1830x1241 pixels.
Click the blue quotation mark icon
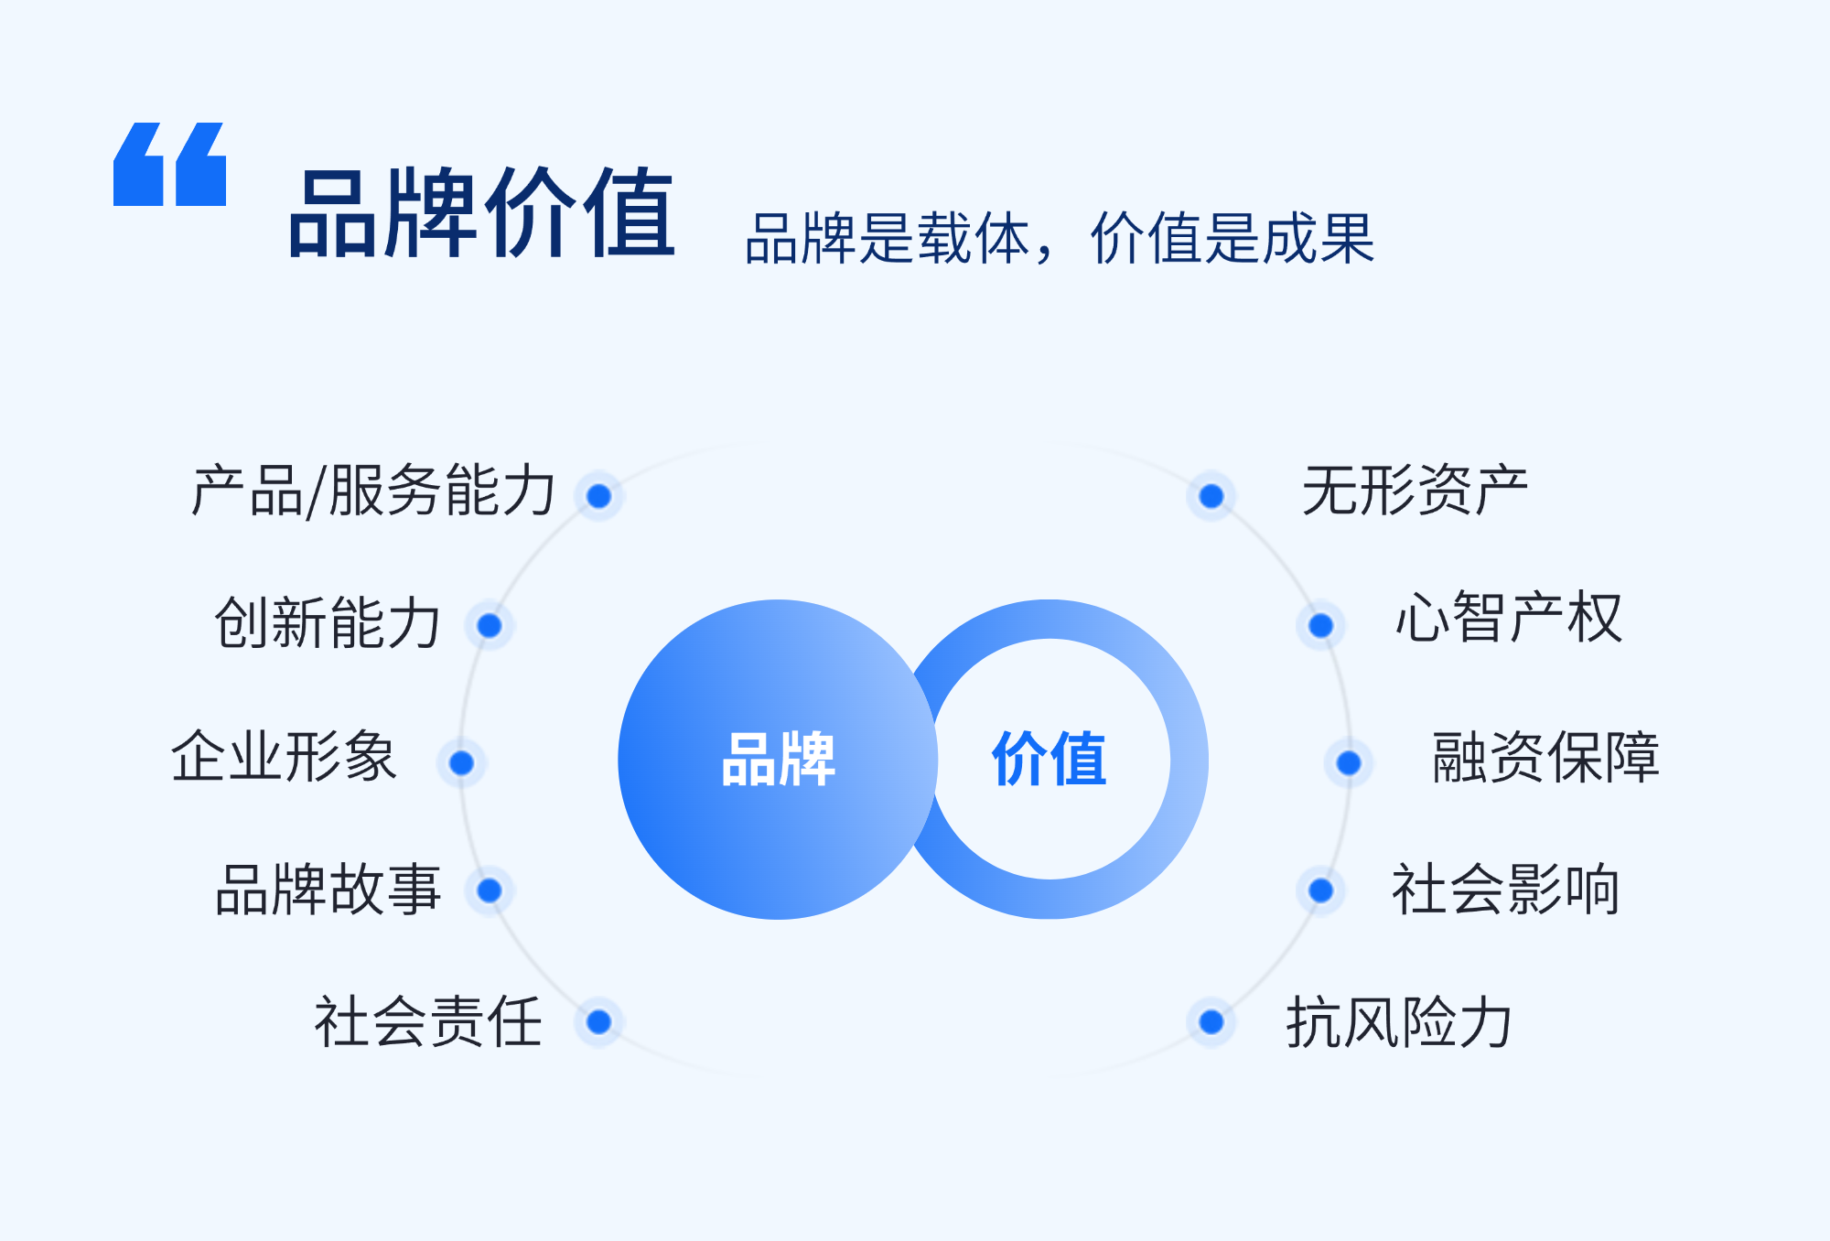169,164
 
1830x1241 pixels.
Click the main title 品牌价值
482,213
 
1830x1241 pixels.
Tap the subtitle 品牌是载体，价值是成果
1060,238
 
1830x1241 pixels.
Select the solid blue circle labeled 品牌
778,759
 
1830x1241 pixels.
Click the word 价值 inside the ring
1050,759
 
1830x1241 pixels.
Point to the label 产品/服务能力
373,491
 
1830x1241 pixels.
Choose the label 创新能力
328,622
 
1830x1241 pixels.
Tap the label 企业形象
284,756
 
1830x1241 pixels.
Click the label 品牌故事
328,890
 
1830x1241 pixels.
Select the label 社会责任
428,1021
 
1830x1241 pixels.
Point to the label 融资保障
1545,757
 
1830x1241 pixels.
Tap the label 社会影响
1505,889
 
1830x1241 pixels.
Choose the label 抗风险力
1399,1021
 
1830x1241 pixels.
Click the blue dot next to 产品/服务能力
599,496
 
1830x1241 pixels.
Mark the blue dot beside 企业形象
461,762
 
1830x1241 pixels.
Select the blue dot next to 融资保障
1349,762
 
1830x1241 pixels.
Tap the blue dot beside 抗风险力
1211,1021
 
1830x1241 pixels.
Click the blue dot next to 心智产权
1320,625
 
